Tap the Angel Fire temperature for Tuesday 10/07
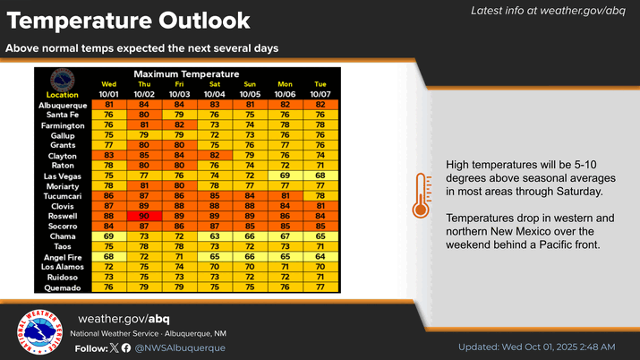pos(320,256)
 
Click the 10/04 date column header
pos(214,94)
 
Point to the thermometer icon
pos(421,194)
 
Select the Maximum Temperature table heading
pos(186,73)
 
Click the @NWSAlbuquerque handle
pos(181,347)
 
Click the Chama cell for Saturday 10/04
pos(214,236)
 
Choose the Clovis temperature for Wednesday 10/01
pos(108,204)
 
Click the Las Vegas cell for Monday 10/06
pos(285,174)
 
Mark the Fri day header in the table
pos(179,84)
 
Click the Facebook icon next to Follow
pos(125,347)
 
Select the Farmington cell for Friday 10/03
pos(179,124)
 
